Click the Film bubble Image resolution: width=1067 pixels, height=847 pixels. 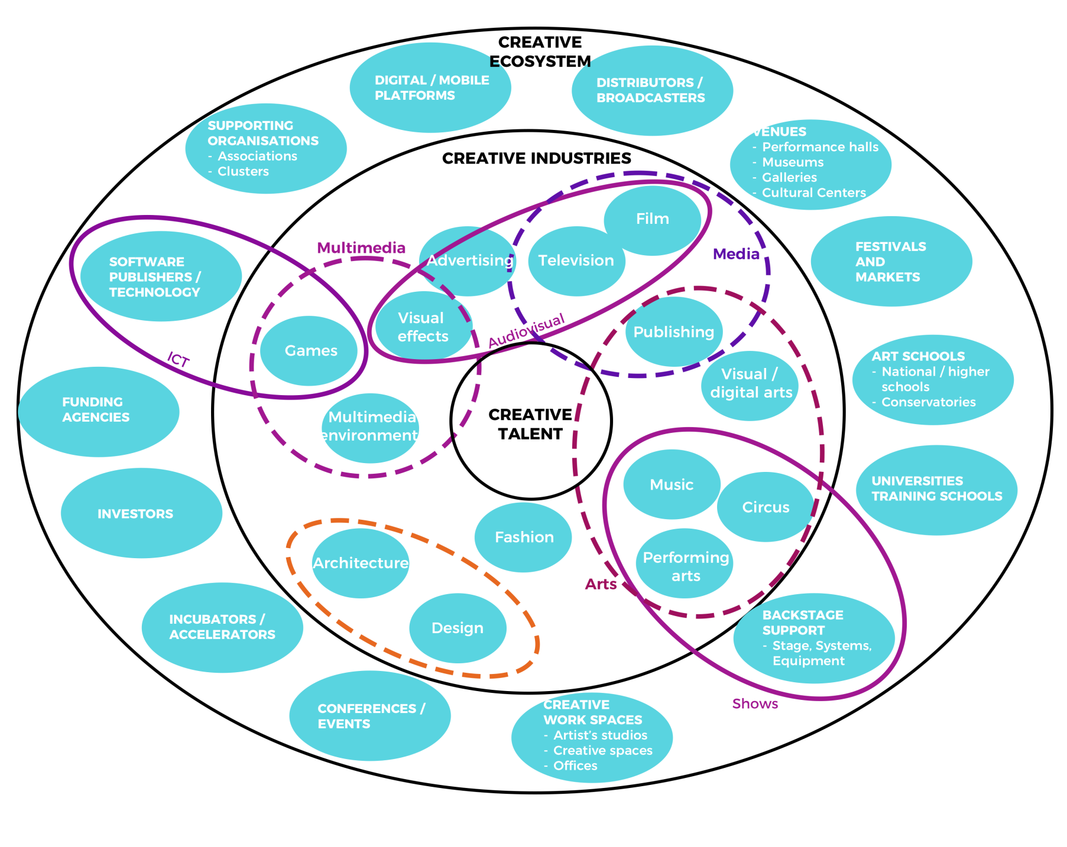click(653, 219)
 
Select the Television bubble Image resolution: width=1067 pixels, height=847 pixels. click(576, 260)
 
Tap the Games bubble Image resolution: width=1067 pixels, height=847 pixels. click(311, 351)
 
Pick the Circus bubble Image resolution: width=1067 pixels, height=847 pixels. click(766, 507)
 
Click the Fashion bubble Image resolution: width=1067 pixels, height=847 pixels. click(524, 537)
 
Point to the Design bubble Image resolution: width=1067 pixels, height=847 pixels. click(458, 628)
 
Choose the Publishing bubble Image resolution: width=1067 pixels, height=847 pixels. click(673, 332)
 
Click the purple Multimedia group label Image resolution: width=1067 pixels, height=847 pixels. click(361, 248)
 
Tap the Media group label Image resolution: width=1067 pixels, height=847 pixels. click(736, 254)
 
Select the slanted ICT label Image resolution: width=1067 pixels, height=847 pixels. click(178, 359)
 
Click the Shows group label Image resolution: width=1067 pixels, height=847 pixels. click(755, 703)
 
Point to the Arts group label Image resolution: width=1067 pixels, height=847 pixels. click(601, 584)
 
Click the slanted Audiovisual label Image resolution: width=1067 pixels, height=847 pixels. click(526, 331)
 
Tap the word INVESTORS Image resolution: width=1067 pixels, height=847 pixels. click(135, 514)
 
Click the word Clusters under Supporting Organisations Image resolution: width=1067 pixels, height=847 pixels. click(243, 171)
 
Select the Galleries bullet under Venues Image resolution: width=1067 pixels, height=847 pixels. click(789, 177)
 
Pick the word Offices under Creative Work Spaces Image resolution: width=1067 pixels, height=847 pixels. click(575, 765)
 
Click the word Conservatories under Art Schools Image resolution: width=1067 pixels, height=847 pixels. click(928, 402)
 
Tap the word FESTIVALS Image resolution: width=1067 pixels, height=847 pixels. click(890, 247)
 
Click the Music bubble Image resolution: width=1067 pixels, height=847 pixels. click(672, 485)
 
